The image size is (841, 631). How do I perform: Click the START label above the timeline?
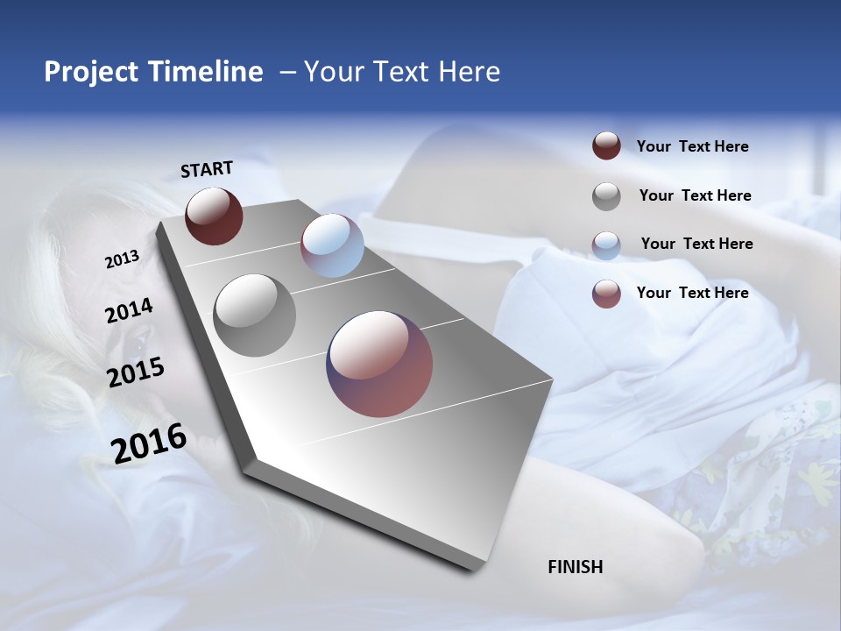click(207, 169)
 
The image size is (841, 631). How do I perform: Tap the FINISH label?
click(575, 567)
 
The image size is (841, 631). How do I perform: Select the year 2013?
click(122, 259)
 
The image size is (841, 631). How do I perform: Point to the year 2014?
click(129, 311)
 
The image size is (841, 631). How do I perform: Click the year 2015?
click(135, 372)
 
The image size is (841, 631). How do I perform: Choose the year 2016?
click(149, 443)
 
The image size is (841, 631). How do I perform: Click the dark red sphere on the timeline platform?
click(214, 216)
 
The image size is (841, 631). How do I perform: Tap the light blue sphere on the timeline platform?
click(332, 245)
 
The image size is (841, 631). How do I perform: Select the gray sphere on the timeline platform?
click(254, 315)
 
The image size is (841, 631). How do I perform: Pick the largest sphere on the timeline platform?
click(379, 364)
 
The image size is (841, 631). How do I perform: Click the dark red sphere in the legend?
click(606, 146)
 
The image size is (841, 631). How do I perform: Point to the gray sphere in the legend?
click(606, 196)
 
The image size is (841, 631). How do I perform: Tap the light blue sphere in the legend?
click(606, 245)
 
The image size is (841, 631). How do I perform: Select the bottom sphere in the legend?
click(606, 294)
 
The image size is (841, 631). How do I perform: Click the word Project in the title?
click(92, 72)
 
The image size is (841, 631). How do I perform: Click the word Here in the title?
click(469, 72)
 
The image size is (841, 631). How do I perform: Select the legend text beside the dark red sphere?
click(692, 146)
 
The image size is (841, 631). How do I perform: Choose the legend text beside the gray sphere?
click(695, 195)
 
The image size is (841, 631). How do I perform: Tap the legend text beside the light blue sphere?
click(696, 244)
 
